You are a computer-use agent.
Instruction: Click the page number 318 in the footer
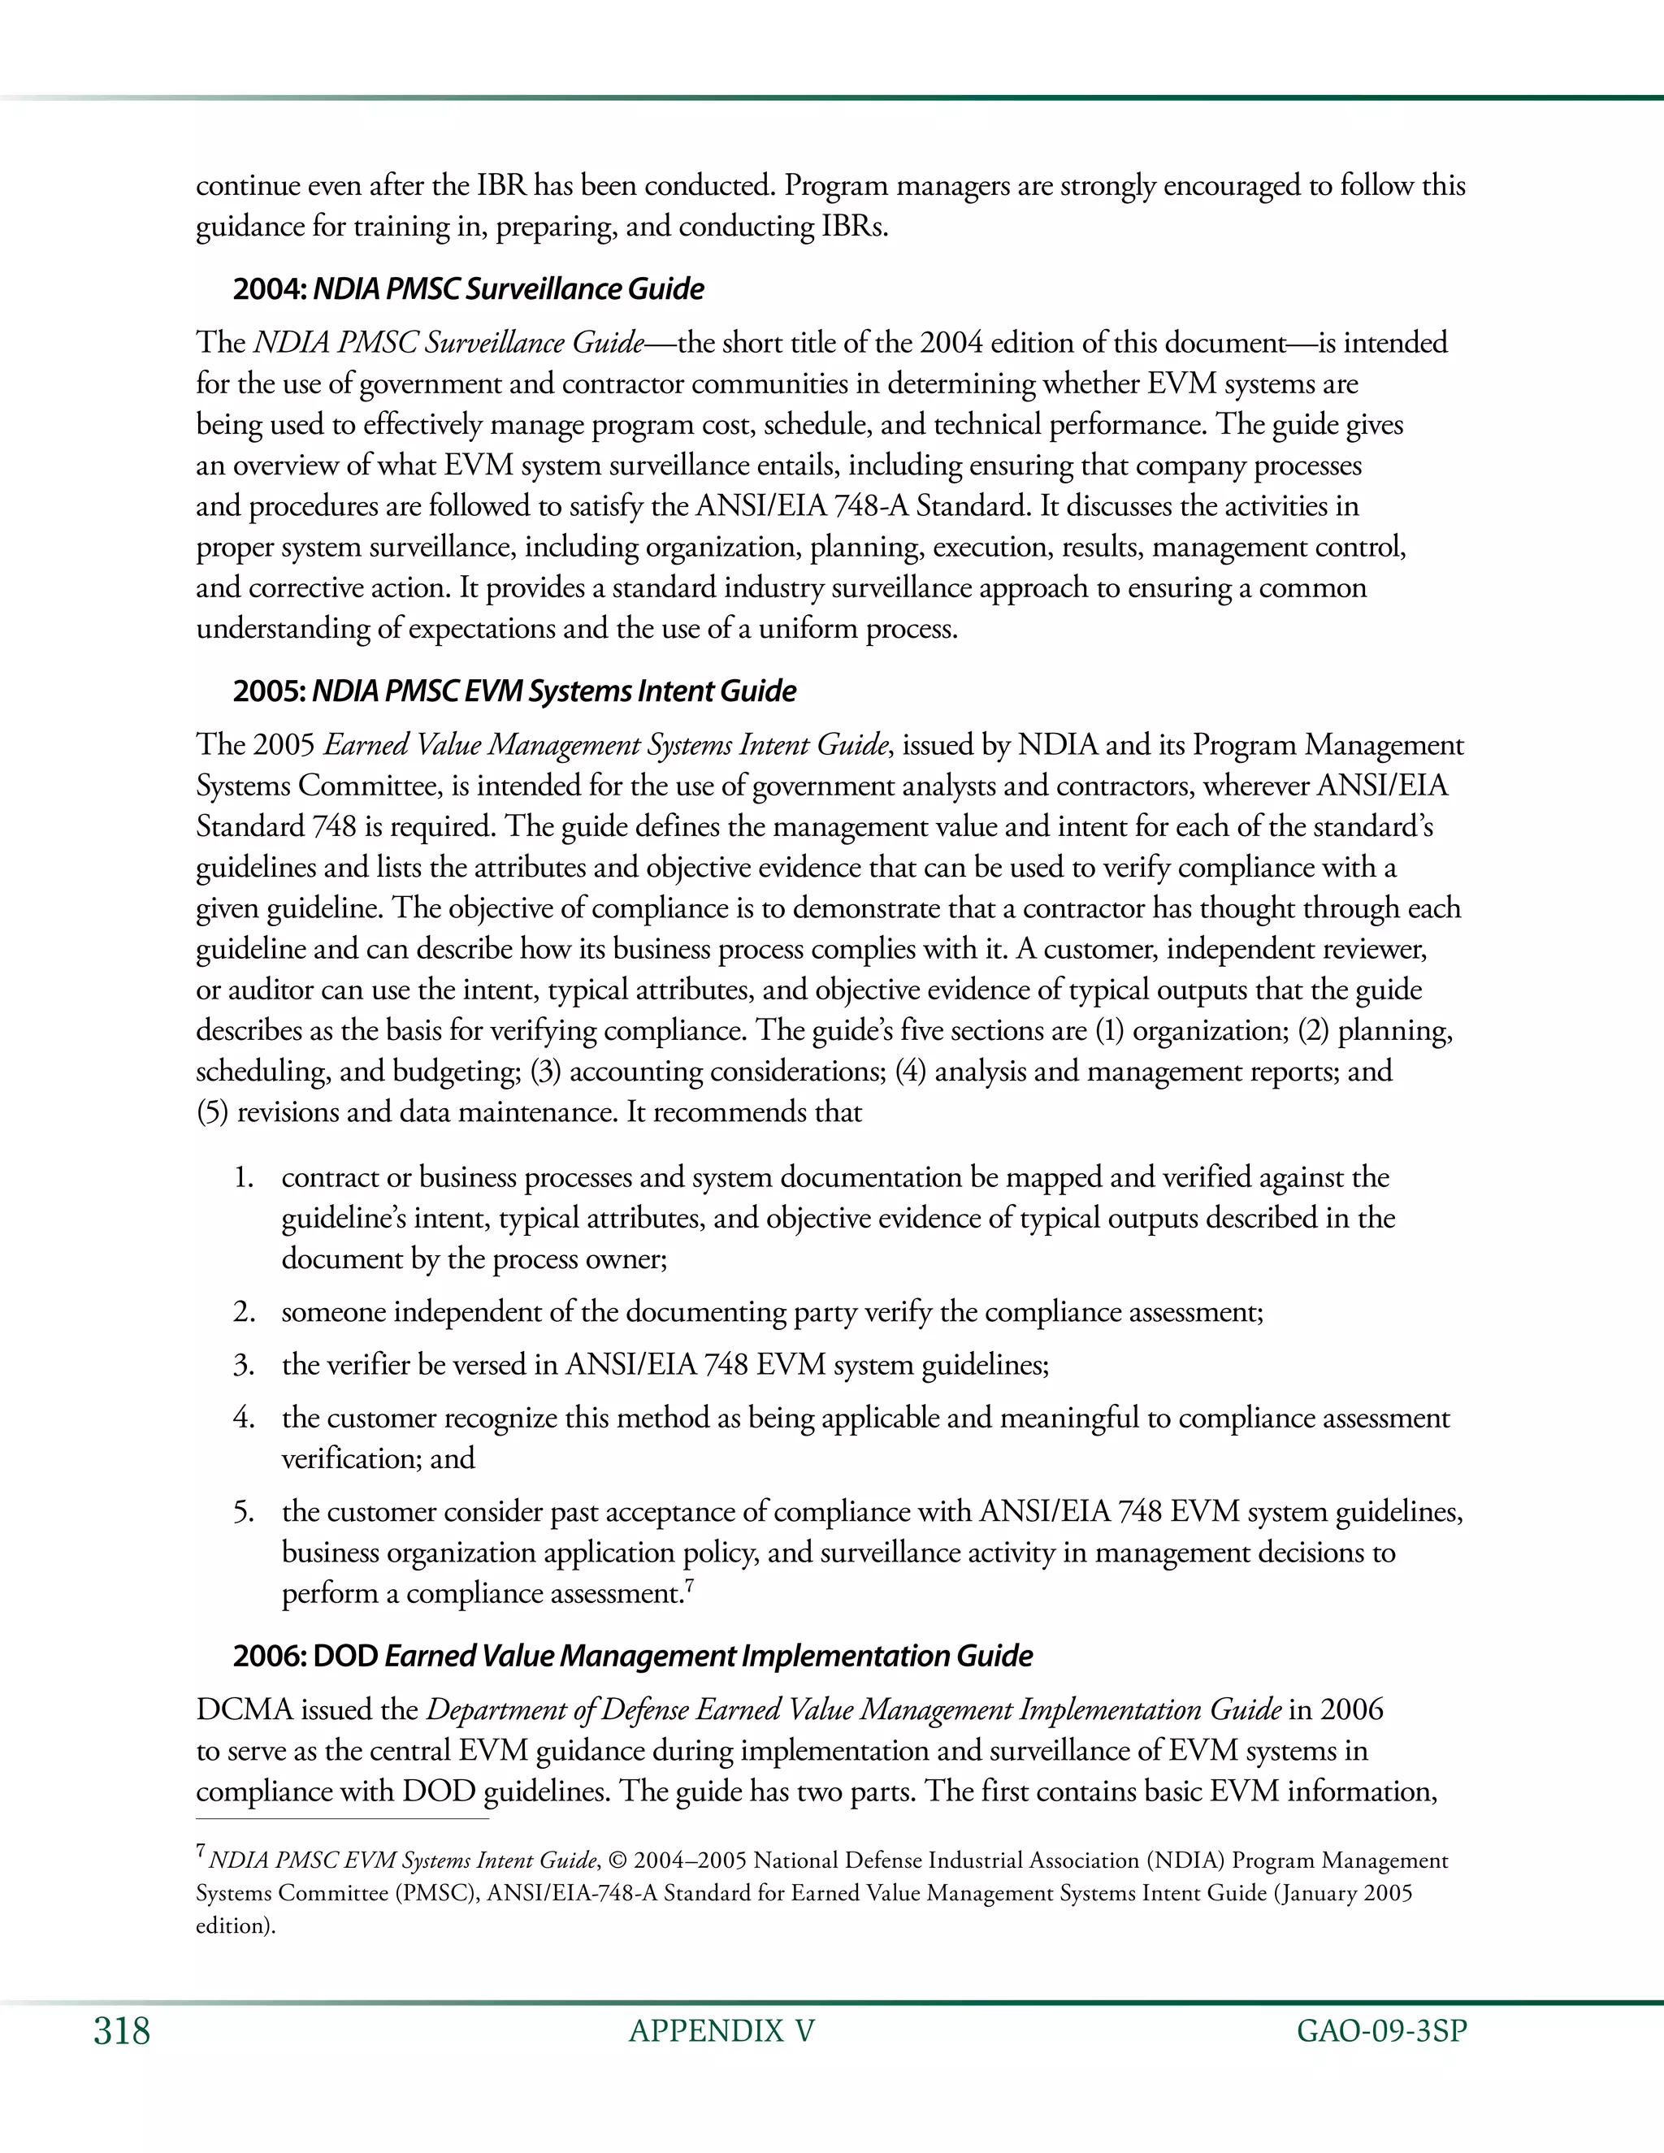pyautogui.click(x=122, y=2032)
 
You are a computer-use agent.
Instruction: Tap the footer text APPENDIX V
pyautogui.click(x=721, y=2032)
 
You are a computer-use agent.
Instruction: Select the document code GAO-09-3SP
pyautogui.click(x=1382, y=2032)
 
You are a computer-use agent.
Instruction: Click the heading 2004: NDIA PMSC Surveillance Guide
pyautogui.click(x=468, y=290)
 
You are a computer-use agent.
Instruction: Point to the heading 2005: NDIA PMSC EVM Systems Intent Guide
pyautogui.click(x=514, y=691)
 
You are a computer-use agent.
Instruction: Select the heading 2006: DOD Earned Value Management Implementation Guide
pyautogui.click(x=633, y=1655)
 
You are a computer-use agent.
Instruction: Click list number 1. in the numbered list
pyautogui.click(x=244, y=1178)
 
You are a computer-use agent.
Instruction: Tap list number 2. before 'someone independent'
pyautogui.click(x=244, y=1313)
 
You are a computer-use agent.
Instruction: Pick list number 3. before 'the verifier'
pyautogui.click(x=244, y=1366)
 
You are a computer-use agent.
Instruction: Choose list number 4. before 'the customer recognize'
pyautogui.click(x=244, y=1419)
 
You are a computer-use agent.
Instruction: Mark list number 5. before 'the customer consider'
pyautogui.click(x=244, y=1512)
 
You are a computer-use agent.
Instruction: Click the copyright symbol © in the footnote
pyautogui.click(x=618, y=1861)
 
